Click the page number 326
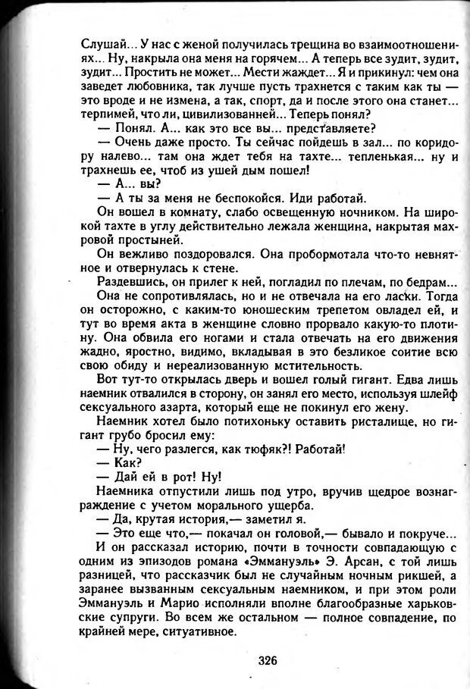click(268, 659)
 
